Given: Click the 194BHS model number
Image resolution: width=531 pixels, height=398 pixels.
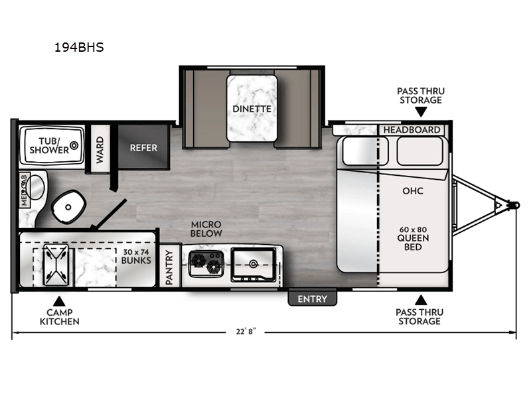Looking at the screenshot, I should tap(78, 48).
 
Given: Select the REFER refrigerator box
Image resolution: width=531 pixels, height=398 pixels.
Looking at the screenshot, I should tap(143, 147).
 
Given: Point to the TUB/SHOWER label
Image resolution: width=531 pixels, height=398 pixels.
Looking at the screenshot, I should tap(49, 145).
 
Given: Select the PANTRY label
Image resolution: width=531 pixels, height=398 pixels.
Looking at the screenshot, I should tap(169, 267).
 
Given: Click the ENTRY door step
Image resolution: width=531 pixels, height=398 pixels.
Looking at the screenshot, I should tap(312, 299).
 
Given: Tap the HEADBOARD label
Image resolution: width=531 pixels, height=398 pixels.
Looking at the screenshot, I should tap(412, 129).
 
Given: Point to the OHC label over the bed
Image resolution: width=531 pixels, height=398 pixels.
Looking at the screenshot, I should tap(413, 191).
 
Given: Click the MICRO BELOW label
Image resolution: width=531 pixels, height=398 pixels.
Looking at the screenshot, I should tap(206, 230).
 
